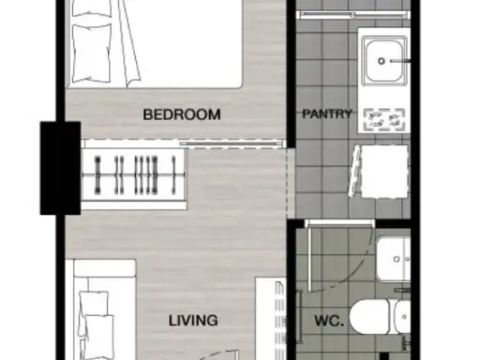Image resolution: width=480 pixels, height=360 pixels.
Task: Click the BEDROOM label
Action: pyautogui.click(x=182, y=114)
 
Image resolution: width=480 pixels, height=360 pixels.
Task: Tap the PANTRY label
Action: pyautogui.click(x=327, y=113)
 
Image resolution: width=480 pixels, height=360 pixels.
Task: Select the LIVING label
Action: pyautogui.click(x=193, y=321)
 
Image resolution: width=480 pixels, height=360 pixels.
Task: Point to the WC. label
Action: pyautogui.click(x=329, y=321)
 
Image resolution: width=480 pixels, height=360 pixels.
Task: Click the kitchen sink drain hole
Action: pyautogui.click(x=382, y=61)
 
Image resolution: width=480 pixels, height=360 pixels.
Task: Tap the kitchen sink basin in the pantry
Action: pyautogui.click(x=384, y=61)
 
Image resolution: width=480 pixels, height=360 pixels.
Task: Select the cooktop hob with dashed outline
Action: pyautogui.click(x=384, y=120)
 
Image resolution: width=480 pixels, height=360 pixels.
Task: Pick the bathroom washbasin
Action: pyautogui.click(x=393, y=260)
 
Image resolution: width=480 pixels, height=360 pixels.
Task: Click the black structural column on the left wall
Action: pyautogui.click(x=60, y=168)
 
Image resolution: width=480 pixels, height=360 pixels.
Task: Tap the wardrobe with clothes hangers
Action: pyautogui.click(x=134, y=174)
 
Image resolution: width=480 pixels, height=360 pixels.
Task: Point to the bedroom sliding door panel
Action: pyautogui.click(x=232, y=143)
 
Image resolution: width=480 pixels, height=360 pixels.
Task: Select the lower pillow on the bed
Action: pyautogui.click(x=92, y=52)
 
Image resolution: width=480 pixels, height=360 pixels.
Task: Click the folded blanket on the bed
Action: pyautogui.click(x=128, y=44)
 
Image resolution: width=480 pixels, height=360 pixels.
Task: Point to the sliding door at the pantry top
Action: pyautogui.click(x=352, y=14)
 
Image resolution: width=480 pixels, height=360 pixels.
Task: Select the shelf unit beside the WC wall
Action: pyautogui.click(x=271, y=319)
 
